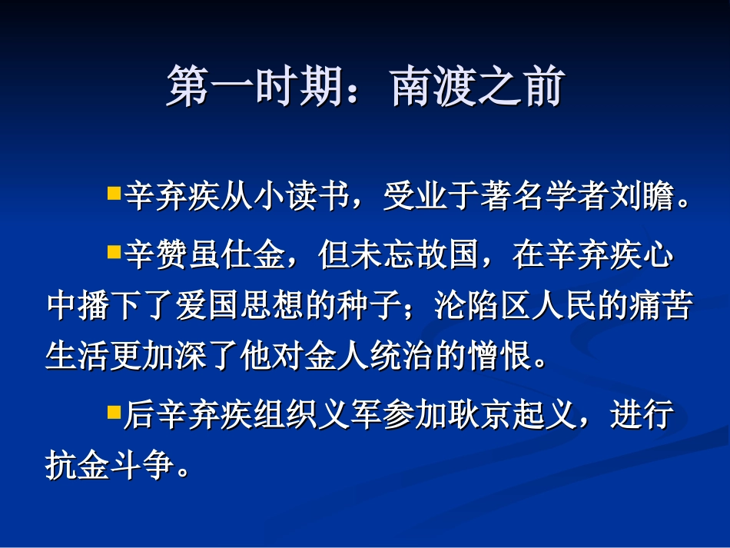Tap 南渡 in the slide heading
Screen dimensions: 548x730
coord(429,86)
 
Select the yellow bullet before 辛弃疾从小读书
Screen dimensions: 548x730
coord(114,193)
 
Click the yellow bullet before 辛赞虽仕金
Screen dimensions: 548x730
coord(114,251)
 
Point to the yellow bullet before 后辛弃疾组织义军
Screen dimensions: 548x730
coord(114,413)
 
